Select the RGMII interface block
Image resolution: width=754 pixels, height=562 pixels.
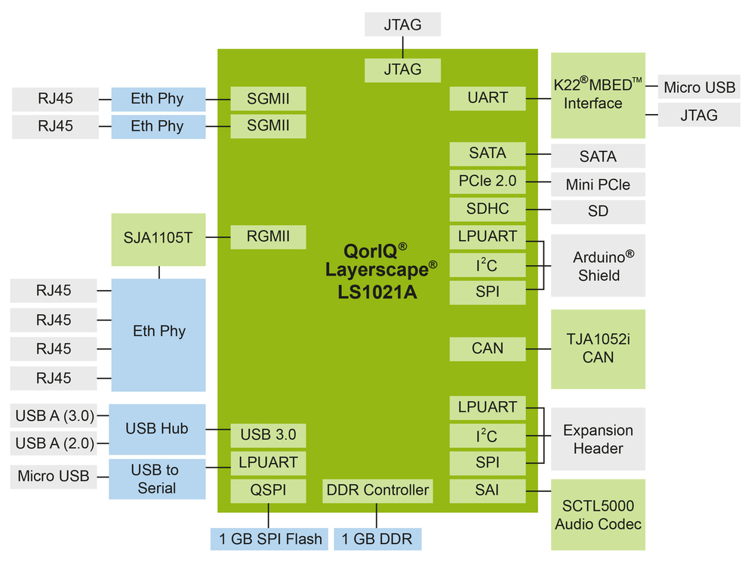point(268,236)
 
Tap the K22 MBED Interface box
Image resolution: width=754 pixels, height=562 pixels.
point(598,95)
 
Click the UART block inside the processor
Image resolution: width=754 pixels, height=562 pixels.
point(488,98)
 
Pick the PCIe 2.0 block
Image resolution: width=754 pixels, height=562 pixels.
point(488,181)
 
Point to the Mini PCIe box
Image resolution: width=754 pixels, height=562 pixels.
point(598,184)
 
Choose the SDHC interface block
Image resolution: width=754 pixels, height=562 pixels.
point(488,209)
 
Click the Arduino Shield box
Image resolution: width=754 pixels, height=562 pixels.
point(598,265)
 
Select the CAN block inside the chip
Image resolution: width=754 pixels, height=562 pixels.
point(488,349)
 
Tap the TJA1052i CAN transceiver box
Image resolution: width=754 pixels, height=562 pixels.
point(598,349)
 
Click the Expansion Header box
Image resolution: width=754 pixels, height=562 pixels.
point(598,439)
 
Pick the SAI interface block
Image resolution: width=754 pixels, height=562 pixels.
point(488,491)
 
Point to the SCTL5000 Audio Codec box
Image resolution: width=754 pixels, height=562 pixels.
point(598,514)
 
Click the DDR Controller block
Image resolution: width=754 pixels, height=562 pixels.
point(377,490)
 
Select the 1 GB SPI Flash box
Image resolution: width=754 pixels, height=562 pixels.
point(269,539)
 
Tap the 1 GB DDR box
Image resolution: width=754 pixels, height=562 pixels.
point(377,539)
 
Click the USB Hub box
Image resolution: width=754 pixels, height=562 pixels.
point(157,429)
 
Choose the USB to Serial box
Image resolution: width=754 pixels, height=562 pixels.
point(157,479)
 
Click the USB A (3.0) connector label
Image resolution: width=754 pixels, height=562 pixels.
point(54,415)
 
